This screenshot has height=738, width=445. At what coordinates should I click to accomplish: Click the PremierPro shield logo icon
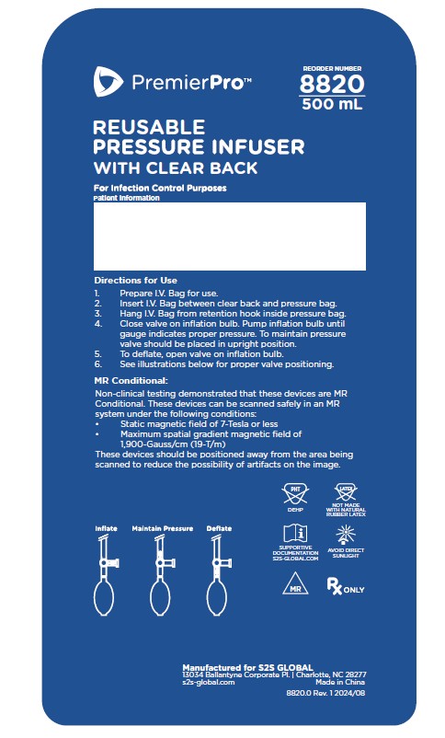(108, 81)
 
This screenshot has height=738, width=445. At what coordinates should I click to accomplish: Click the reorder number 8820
(332, 85)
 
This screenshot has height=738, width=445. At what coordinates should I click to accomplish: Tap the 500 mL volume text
(332, 104)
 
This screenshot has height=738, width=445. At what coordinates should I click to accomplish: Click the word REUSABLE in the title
(149, 127)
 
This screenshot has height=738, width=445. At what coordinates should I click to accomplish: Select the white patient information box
(230, 236)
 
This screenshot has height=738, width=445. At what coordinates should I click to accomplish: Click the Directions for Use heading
(135, 280)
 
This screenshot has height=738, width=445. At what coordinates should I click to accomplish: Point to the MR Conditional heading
(131, 380)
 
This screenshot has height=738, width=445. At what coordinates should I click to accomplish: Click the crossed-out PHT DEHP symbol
(295, 494)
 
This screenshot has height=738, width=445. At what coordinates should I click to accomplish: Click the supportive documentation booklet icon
(295, 534)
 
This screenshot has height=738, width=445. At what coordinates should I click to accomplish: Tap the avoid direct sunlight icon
(346, 536)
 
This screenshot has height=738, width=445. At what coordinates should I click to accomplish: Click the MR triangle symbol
(295, 583)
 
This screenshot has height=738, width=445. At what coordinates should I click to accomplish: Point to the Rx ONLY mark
(346, 586)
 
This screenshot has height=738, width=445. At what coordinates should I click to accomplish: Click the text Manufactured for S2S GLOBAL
(247, 667)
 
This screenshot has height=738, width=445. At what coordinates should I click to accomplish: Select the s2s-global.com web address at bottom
(209, 682)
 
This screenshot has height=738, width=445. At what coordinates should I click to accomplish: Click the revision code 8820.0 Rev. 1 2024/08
(325, 693)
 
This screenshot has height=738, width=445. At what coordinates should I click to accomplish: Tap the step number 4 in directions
(97, 324)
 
